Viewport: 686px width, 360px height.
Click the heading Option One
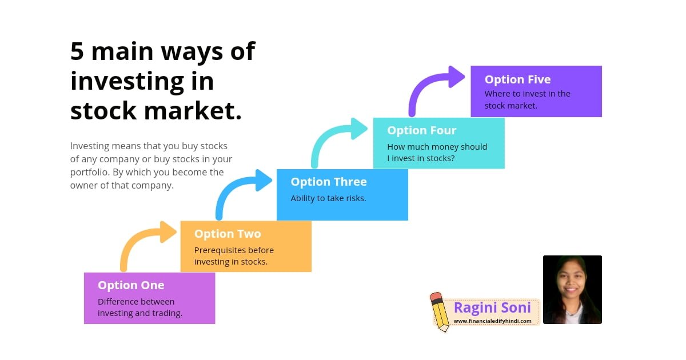pos(131,285)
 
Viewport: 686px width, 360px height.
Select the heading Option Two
pos(228,234)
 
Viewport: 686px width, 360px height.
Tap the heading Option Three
pos(329,182)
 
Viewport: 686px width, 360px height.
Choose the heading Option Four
pos(422,130)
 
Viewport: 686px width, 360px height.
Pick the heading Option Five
pos(518,79)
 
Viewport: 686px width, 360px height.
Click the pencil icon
pos(440,311)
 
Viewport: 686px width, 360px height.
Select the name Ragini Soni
pos(492,307)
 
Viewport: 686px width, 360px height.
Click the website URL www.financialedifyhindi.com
pos(492,321)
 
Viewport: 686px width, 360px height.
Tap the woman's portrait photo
pos(572,290)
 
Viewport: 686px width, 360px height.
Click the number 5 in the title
pos(77,52)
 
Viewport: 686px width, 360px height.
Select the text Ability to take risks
pos(328,198)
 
